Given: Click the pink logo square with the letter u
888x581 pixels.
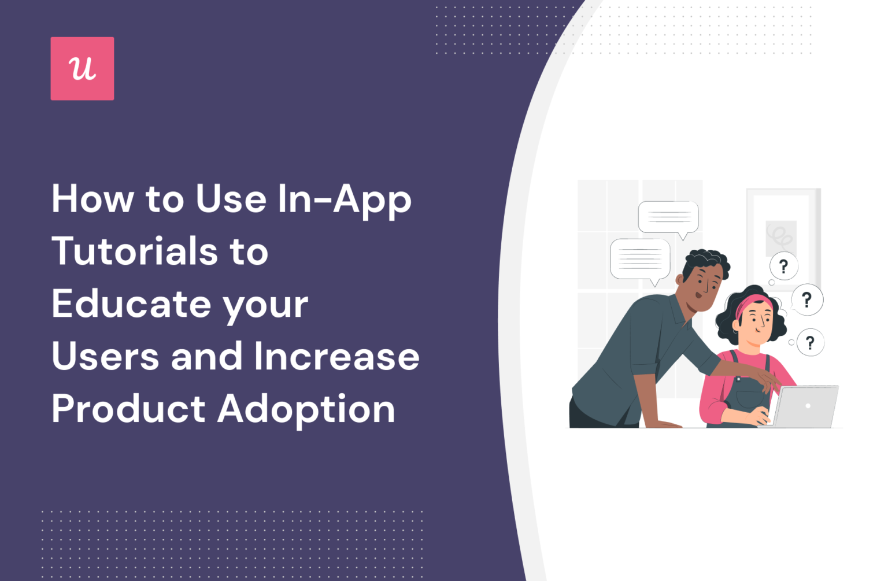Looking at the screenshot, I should click(82, 69).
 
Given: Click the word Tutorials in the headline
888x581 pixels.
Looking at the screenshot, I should click(135, 251).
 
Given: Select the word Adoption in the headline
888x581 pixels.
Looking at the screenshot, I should click(306, 409).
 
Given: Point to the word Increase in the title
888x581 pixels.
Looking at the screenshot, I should click(336, 356).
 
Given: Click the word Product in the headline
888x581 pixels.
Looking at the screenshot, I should click(128, 409).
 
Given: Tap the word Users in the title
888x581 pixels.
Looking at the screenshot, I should click(105, 356).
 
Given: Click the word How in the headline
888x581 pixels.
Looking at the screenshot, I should click(92, 199).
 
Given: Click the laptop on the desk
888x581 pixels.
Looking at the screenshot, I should click(806, 406).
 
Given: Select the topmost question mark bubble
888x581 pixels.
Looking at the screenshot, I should click(783, 267).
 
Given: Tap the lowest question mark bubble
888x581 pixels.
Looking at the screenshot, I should click(810, 343).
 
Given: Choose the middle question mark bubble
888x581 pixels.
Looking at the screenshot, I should click(806, 299).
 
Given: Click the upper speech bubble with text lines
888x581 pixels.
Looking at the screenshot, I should click(668, 217).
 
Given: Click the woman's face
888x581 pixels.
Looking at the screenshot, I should click(757, 324).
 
